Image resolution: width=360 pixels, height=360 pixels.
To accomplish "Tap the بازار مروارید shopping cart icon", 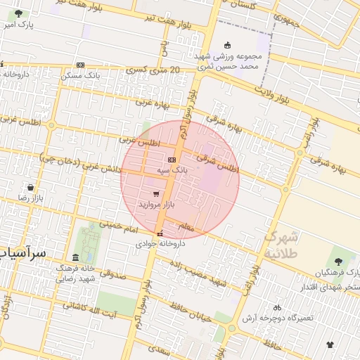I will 155,194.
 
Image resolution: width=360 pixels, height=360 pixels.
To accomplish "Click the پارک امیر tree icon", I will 18,13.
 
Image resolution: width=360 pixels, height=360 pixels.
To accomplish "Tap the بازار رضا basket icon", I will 31,188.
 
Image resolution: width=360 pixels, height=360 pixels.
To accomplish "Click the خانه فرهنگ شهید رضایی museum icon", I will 75,257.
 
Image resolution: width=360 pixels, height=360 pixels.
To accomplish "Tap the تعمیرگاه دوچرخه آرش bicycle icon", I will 276,307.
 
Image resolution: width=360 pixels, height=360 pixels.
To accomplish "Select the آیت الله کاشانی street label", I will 92,307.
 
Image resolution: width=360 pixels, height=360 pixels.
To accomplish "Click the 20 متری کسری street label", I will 154,70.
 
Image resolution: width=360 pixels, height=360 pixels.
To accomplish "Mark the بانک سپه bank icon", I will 172,160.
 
